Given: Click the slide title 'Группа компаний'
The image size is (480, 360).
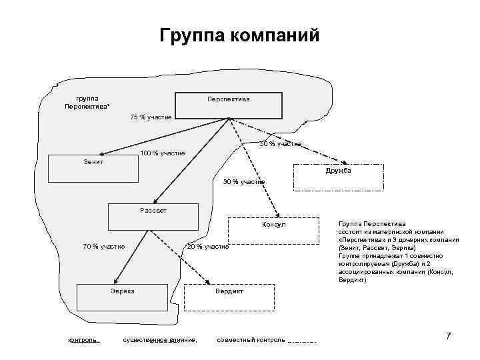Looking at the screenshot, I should point(240,34).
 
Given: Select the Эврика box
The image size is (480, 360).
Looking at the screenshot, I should point(122,297).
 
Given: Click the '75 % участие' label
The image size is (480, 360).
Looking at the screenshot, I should point(150,117).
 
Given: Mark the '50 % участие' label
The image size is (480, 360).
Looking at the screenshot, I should point(281,143).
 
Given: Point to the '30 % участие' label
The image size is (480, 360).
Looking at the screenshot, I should point(243,181).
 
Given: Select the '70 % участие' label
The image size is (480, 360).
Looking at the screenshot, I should point(103,247).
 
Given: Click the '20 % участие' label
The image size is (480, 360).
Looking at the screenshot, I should point(207,247).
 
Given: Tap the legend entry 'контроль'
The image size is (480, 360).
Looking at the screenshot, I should point(83,340).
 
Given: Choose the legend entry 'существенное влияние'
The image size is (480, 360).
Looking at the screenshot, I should point(160,340).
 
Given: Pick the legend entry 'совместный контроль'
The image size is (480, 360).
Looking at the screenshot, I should point(251,340).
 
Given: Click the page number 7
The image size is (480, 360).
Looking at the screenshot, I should point(449,336).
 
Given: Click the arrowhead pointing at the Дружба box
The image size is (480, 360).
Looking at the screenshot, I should point(347,162).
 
